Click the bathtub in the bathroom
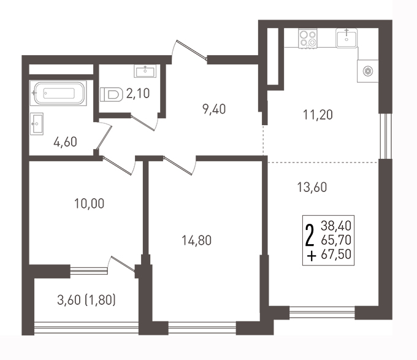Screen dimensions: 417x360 (x=58, y=93)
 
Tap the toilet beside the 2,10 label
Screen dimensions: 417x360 (x=111, y=94)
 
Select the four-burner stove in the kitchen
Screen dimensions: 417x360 (x=308, y=39)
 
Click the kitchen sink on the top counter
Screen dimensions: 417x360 (x=346, y=38)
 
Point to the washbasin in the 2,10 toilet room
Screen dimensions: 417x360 (x=145, y=71)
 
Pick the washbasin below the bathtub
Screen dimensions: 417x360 (x=36, y=124)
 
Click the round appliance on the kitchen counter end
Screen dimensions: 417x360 (x=368, y=71)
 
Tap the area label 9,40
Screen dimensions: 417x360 (x=214, y=109)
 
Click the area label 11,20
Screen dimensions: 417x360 (x=318, y=115)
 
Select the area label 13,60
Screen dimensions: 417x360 (x=312, y=187)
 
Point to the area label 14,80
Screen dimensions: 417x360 (x=196, y=240)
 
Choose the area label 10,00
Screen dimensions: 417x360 (x=89, y=204)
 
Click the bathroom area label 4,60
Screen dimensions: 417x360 (x=65, y=142)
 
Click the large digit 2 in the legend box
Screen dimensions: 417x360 (x=310, y=236)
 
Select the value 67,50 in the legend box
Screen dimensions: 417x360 (x=336, y=254)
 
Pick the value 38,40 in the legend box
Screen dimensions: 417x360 (x=336, y=226)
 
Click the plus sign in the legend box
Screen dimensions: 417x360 (x=312, y=256)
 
